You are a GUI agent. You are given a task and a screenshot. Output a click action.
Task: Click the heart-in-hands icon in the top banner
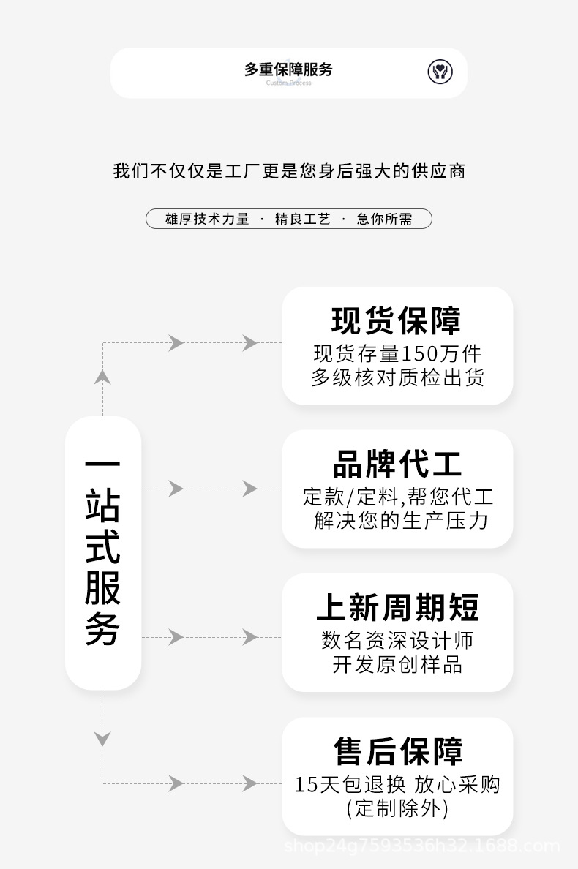point(440,72)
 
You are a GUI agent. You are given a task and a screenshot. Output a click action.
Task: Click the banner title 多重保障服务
point(288,69)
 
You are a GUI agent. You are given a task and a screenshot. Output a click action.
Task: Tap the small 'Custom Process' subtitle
point(288,83)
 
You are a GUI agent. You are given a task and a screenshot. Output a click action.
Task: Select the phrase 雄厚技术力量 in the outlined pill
point(207,219)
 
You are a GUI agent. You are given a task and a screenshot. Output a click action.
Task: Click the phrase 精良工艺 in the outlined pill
point(303,219)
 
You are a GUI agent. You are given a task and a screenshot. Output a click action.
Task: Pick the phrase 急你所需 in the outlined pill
point(385,219)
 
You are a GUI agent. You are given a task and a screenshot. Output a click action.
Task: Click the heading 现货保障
point(397,320)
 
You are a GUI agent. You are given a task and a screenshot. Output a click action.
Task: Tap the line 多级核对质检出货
point(397,377)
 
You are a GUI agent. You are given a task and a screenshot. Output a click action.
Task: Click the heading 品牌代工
point(397,464)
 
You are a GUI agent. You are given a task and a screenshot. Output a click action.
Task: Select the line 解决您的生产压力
point(401,520)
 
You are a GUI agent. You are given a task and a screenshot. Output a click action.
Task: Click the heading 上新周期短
point(397,607)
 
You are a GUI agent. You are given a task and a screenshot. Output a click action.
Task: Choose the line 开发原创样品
point(397,664)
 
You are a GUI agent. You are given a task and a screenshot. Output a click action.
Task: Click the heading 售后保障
point(398,751)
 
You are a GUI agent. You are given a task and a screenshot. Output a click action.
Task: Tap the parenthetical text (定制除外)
point(397,808)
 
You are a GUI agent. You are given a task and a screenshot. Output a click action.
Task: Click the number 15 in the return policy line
point(305,784)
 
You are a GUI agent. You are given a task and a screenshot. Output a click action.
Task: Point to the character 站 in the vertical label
point(102,505)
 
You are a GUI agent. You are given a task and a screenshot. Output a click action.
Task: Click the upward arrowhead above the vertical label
point(102,377)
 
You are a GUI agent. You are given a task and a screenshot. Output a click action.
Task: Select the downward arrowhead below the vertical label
point(102,740)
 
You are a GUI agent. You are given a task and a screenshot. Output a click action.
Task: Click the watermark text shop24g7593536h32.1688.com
point(421,846)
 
